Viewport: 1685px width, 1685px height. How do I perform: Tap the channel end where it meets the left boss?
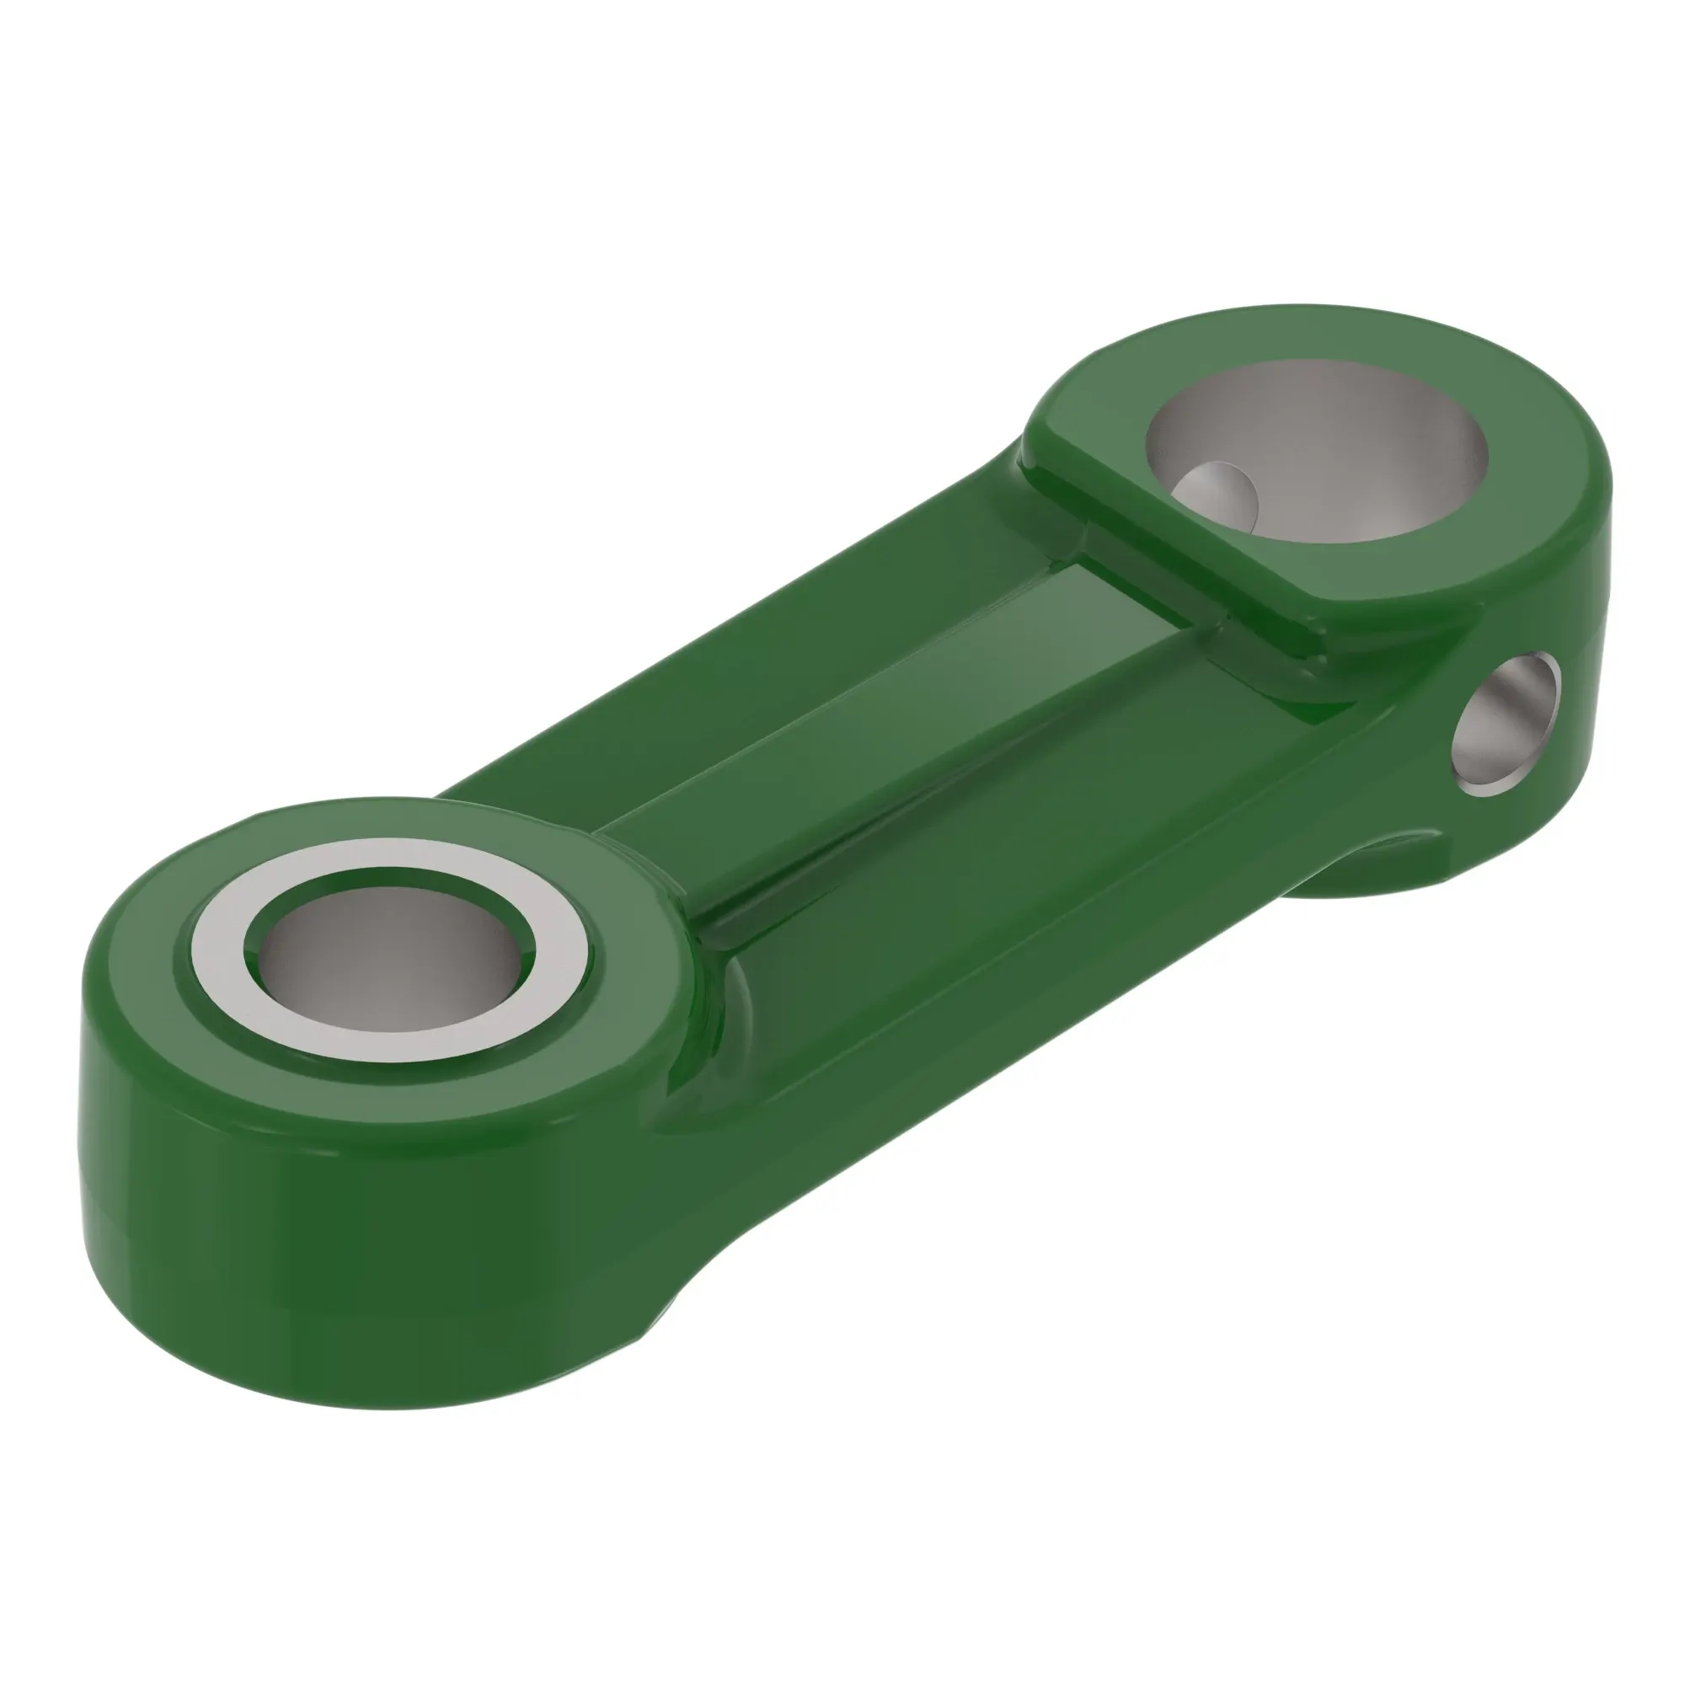click(663, 864)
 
